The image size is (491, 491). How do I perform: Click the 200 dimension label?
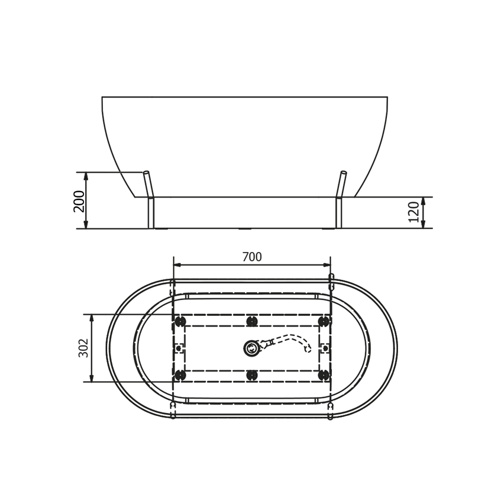click(x=79, y=201)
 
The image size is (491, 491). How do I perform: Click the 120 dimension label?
click(x=414, y=212)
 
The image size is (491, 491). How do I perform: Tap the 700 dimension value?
click(x=252, y=257)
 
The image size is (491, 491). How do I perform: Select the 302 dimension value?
click(x=83, y=348)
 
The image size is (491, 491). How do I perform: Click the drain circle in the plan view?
click(x=251, y=348)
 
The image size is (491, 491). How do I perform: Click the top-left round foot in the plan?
click(x=180, y=321)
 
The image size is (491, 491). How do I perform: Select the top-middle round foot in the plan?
click(x=252, y=321)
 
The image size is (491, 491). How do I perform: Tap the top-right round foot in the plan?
click(x=324, y=321)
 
